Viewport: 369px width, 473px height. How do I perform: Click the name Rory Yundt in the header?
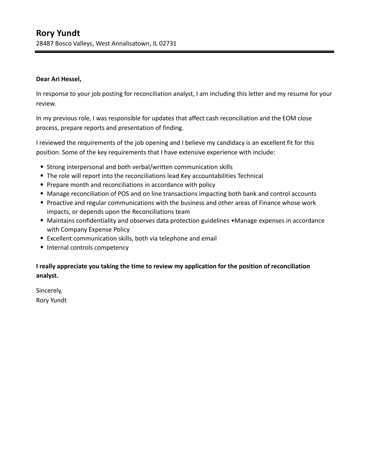(x=58, y=33)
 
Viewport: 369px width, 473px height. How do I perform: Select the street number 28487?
(x=45, y=43)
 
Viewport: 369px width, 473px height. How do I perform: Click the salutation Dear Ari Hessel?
(x=59, y=79)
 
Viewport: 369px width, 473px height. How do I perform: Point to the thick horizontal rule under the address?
(x=184, y=52)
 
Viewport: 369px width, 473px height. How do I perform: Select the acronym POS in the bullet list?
(x=123, y=194)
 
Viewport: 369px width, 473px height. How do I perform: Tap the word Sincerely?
(x=49, y=291)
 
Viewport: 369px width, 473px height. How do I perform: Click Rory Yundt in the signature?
(x=51, y=300)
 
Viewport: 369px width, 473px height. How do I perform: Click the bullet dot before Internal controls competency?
(x=42, y=248)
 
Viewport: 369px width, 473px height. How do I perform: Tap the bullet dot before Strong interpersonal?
(x=42, y=167)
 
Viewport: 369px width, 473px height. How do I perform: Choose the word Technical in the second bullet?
(x=250, y=176)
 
